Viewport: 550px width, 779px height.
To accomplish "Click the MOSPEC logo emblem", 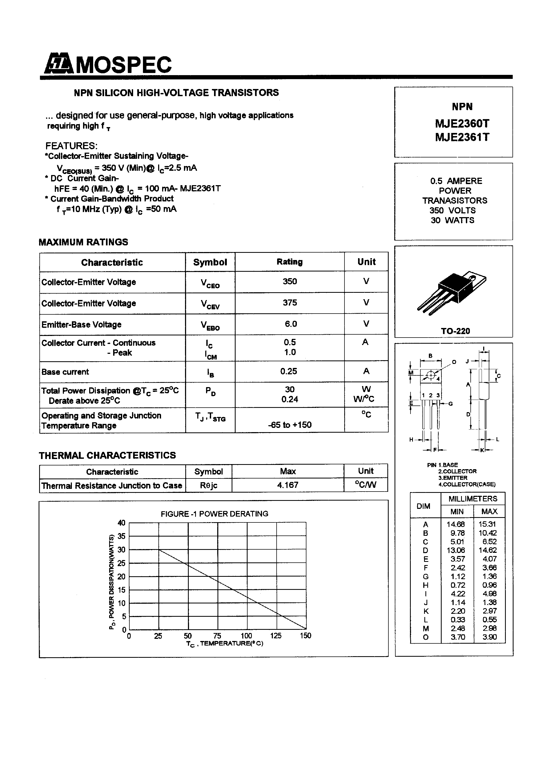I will (58, 63).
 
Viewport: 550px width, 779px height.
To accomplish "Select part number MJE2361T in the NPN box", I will (462, 137).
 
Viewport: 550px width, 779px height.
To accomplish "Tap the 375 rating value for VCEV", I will (290, 302).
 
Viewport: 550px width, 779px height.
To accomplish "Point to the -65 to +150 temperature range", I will (290, 425).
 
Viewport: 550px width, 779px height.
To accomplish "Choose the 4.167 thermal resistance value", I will (288, 485).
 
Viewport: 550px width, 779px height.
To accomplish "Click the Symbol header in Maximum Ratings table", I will (210, 262).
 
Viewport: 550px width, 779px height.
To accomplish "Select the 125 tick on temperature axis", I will (276, 635).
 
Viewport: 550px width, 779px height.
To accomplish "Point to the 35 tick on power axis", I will (121, 536).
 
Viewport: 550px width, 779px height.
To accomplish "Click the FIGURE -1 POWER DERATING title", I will (214, 514).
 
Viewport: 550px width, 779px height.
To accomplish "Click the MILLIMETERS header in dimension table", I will (473, 499).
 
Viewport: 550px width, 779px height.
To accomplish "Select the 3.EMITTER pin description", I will (452, 478).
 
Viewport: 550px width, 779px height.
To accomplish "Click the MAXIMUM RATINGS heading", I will (83, 242).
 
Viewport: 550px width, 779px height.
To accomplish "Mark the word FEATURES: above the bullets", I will (71, 146).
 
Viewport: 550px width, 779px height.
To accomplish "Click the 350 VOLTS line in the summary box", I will (452, 210).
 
